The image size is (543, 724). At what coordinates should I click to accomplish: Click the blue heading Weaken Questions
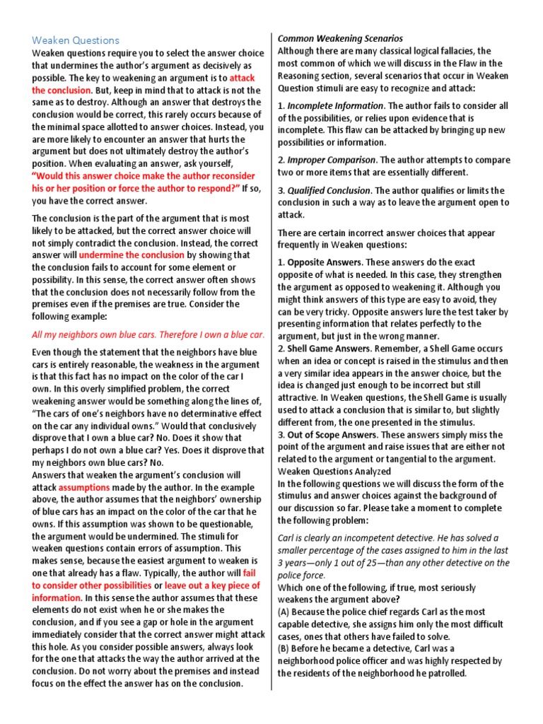coord(76,40)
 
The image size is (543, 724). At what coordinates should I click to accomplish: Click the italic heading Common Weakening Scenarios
coord(340,38)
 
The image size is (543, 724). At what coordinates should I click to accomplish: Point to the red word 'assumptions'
coord(84,487)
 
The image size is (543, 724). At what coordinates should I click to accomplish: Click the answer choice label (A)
coord(285,612)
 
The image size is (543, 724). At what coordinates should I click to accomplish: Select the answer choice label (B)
coord(285,648)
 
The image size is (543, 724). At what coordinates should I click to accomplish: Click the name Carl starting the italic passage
coord(287,538)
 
